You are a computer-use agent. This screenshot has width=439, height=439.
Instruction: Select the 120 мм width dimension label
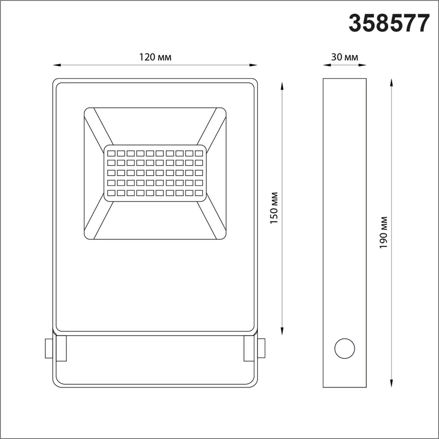(155, 57)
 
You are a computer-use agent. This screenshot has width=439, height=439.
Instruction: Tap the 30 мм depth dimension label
(344, 57)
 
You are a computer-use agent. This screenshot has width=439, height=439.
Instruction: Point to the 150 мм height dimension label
(274, 208)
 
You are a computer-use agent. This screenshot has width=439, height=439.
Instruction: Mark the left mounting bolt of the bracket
(48, 349)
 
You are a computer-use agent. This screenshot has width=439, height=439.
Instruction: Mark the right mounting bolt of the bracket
(261, 349)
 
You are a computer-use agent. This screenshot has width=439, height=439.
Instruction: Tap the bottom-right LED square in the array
(199, 192)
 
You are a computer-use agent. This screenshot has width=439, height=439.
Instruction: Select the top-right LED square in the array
(199, 152)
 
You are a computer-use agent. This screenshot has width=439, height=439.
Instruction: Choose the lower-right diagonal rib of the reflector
(212, 219)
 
